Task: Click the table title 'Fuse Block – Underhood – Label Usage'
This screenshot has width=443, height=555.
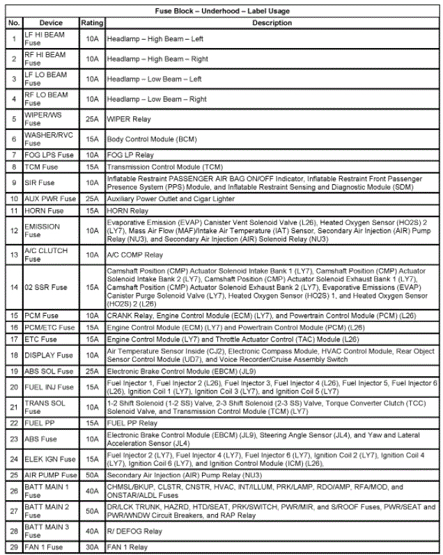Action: tap(221, 11)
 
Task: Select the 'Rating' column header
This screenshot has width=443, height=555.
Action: tap(92, 23)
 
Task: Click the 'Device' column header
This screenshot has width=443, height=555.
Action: tap(50, 23)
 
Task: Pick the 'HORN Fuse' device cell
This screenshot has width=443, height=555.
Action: tap(45, 210)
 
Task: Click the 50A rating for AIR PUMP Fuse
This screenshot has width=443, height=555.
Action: tap(92, 474)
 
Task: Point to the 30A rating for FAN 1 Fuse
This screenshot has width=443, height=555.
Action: tap(92, 547)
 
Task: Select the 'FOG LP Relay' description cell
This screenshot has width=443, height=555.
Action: tap(130, 155)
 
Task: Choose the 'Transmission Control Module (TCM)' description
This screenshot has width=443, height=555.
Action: tap(164, 168)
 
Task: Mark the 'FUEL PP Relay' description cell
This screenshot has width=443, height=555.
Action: tap(132, 423)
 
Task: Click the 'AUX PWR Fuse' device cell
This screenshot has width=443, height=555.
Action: tap(49, 200)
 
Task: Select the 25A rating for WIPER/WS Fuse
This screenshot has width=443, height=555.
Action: tap(92, 120)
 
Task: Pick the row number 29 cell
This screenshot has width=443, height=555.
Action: tap(13, 547)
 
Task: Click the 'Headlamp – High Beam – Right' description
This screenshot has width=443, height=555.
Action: tap(157, 59)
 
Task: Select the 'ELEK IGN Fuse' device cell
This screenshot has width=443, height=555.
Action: tap(49, 459)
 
